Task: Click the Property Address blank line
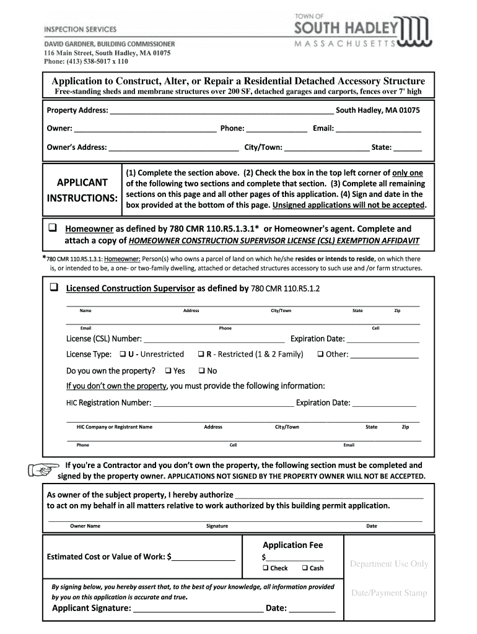coord(221,111)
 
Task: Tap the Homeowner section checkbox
coord(53,228)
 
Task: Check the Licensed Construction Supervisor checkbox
coord(53,288)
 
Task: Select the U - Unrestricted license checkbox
coord(123,354)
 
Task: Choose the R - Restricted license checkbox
coord(201,354)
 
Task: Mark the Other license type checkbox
coord(321,354)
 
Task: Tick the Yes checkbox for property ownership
coord(168,371)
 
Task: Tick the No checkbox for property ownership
coord(201,371)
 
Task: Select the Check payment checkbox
coord(265,568)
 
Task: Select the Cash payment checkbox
coord(305,568)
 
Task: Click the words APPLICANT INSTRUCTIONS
coord(82,190)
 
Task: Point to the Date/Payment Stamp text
coord(389,593)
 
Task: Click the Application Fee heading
coord(292,545)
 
